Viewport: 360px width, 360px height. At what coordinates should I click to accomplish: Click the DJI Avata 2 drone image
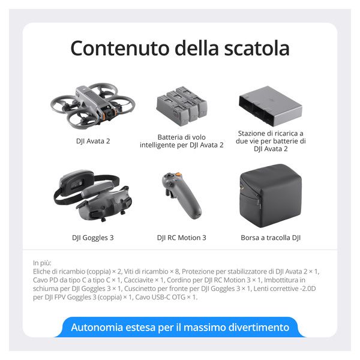point(93,106)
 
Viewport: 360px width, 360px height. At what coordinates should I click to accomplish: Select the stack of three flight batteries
point(182,106)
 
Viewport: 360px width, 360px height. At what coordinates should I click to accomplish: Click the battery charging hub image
point(270,106)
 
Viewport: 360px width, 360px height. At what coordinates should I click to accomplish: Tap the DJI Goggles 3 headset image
point(92,195)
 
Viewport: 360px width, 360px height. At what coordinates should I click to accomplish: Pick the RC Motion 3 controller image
point(181,195)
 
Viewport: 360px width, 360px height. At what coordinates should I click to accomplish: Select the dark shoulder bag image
point(271,196)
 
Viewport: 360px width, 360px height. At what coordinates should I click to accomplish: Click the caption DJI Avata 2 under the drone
point(93,141)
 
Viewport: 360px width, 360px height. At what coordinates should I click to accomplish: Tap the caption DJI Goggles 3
point(93,238)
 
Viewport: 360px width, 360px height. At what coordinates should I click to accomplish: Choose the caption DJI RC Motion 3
point(181,238)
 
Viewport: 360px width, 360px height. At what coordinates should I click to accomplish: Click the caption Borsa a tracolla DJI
point(271,238)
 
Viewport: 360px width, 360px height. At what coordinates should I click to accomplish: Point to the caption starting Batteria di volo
point(181,141)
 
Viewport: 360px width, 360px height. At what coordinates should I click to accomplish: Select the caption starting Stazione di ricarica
point(271,141)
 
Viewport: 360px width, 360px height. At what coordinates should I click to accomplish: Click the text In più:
point(42,263)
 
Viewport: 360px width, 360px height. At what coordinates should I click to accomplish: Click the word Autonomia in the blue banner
point(97,327)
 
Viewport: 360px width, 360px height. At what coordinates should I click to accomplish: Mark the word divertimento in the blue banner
point(259,327)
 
